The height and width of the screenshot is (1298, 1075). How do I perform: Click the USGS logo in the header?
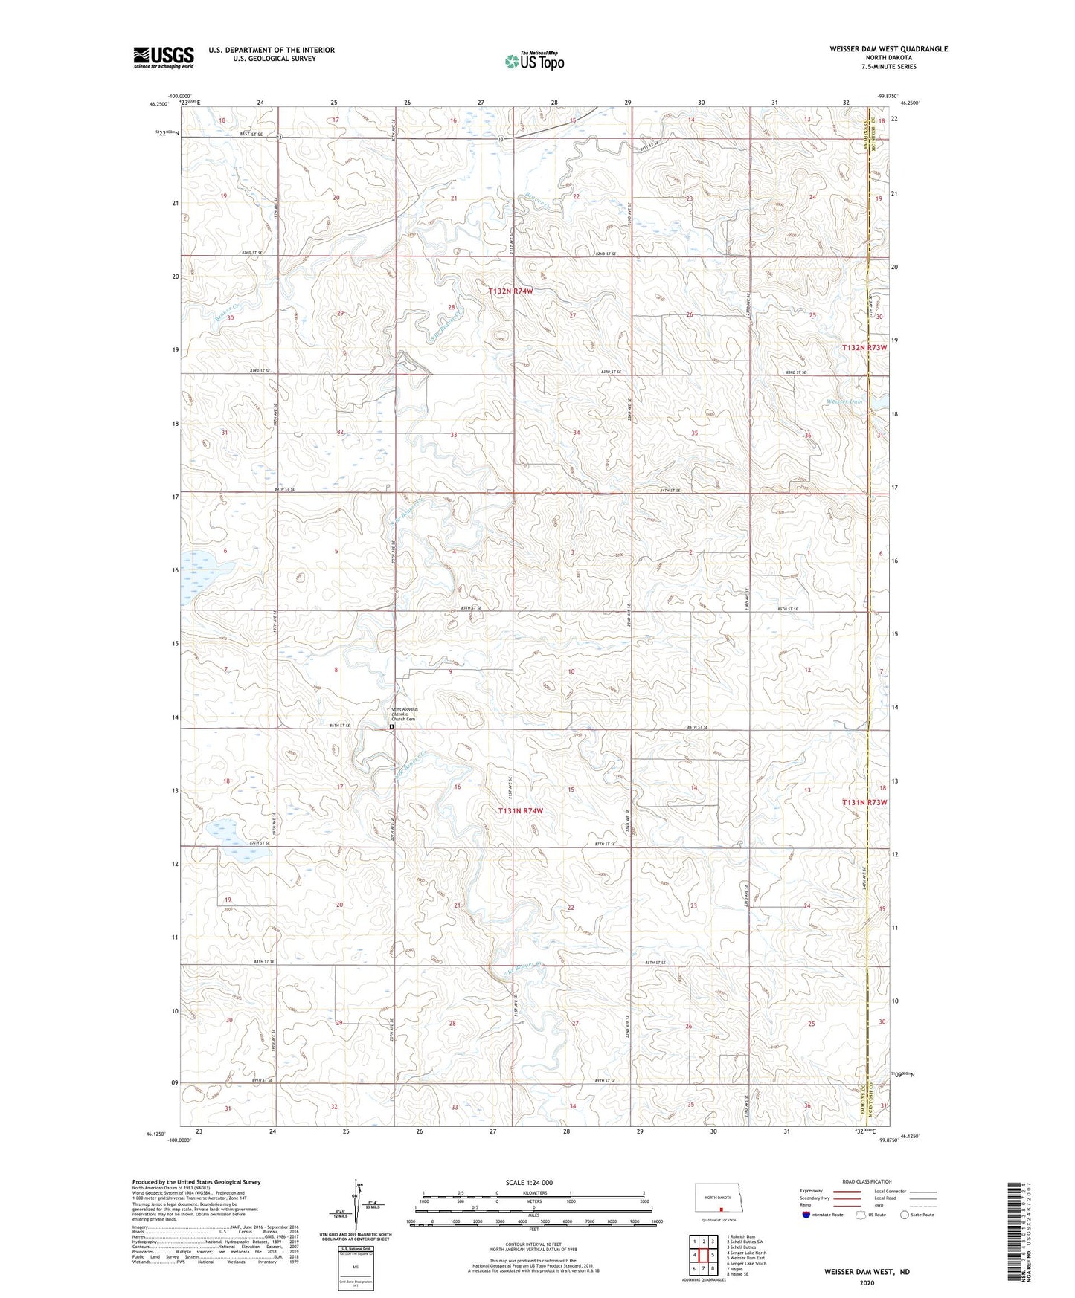click(x=164, y=57)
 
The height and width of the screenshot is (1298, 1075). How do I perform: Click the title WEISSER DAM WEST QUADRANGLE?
click(x=888, y=49)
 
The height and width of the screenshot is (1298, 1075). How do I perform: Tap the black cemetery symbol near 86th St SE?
click(x=392, y=727)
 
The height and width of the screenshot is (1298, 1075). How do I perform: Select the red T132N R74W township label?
click(x=510, y=291)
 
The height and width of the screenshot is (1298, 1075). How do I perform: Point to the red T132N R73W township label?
click(x=864, y=348)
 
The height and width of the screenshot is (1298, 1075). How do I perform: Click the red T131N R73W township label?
click(x=864, y=803)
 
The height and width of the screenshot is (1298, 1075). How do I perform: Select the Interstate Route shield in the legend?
click(x=806, y=1214)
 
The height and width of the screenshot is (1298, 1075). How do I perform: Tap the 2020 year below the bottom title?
click(x=867, y=1282)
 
